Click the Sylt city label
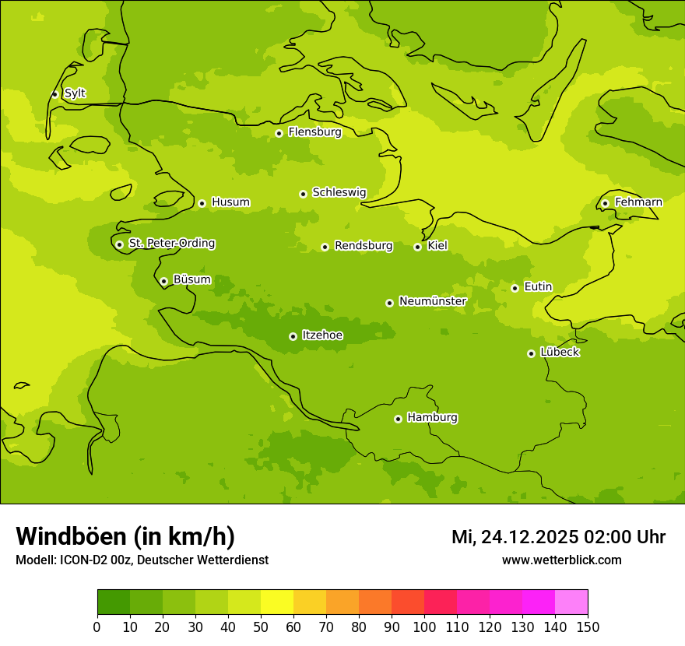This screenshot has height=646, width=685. pos(75,93)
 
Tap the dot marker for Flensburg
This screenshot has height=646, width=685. pos(279,133)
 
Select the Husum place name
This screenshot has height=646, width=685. pos(230,202)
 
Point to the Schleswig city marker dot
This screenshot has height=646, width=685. pos(303,194)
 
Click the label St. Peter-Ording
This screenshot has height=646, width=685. pos(171,244)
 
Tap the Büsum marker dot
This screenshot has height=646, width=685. pos(163,281)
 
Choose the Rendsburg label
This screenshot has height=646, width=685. pos(364,246)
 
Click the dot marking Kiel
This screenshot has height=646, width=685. pos(417,247)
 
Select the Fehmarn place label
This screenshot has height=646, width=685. pos(638,202)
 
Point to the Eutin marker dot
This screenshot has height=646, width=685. pos(515,288)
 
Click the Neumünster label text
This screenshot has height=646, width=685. pos(433,301)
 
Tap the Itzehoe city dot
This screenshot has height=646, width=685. pos(293,336)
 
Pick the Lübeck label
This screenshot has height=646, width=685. pos(560,353)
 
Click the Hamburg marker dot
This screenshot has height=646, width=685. pos(398,419)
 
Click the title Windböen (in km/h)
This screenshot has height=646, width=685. pos(125,536)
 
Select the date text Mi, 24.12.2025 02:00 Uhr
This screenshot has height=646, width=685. pos(558,537)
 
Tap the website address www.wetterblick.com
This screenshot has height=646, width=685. pos(561,560)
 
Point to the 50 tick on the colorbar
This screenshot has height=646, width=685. pos(261,627)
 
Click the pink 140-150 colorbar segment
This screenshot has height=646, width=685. pos(571,602)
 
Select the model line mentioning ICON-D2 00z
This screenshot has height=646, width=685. pos(142,560)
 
